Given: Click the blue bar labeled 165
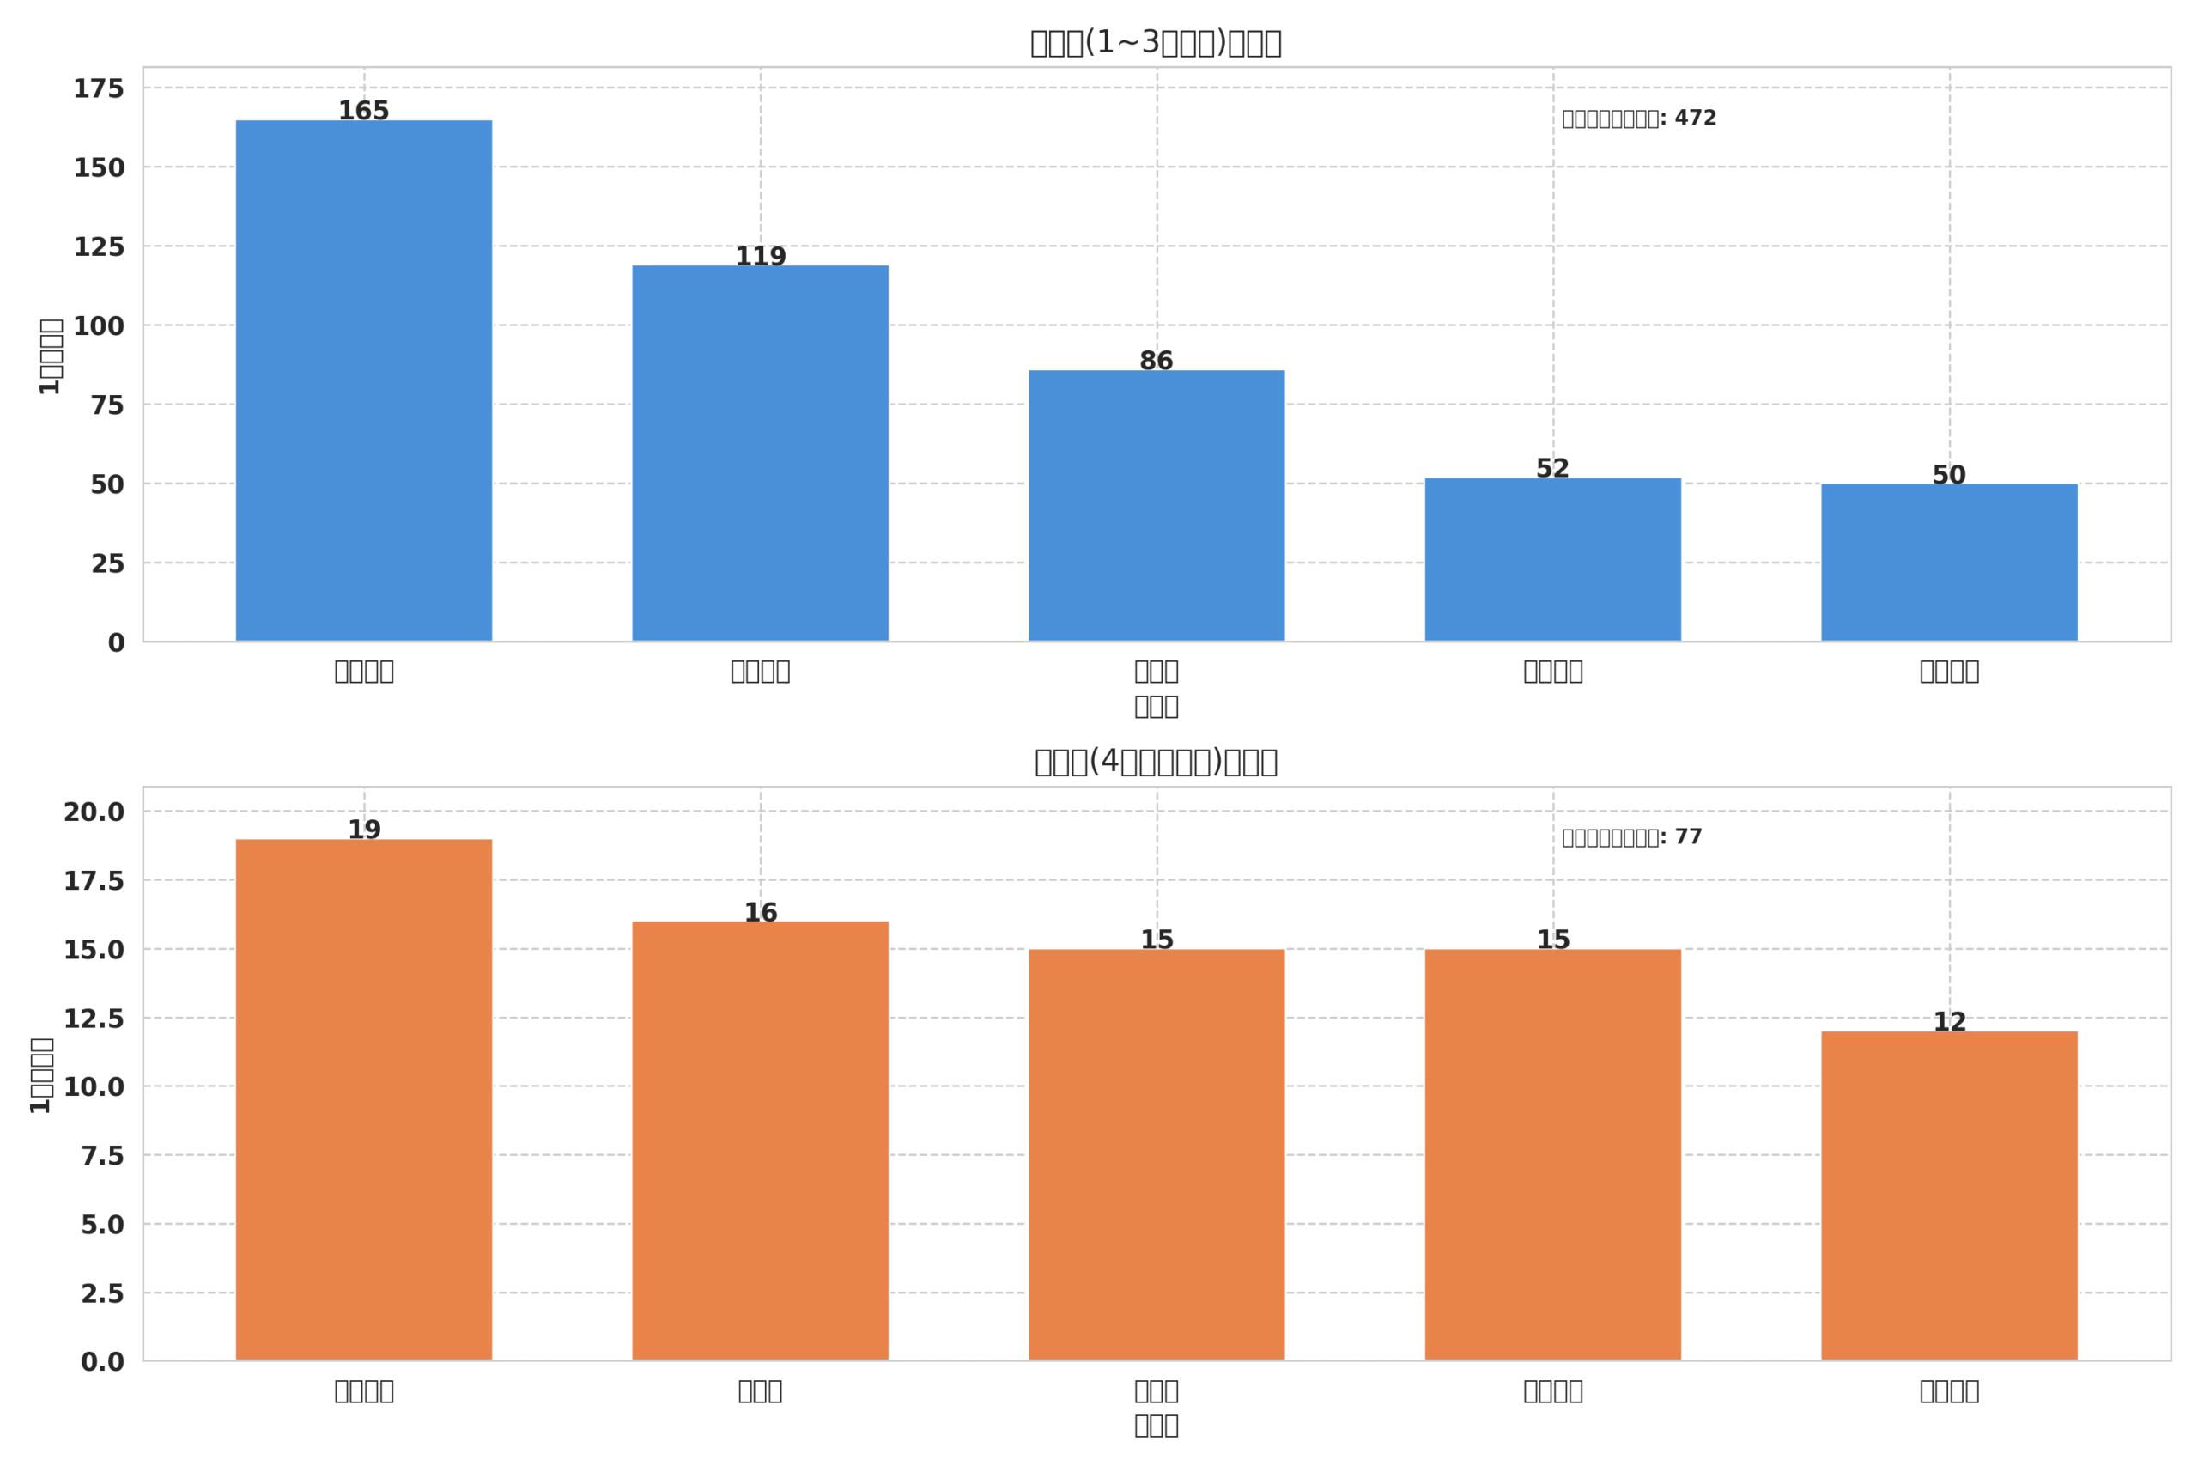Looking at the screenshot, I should [363, 380].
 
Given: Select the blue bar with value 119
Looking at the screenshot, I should [760, 453].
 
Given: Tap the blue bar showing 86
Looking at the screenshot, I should [1156, 506].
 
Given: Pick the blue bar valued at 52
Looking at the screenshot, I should [1552, 559].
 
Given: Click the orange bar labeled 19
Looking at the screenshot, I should [363, 1099].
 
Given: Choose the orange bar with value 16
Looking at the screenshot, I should [760, 1141].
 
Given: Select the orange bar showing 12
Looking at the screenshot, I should [1948, 1195].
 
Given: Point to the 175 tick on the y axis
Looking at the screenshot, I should [99, 88].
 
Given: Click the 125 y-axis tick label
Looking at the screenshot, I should [99, 246].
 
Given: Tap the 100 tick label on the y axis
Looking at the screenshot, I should [99, 326].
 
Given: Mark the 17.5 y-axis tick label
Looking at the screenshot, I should [94, 881].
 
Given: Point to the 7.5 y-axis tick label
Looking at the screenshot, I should [102, 1156].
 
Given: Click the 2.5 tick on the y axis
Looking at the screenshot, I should [102, 1293].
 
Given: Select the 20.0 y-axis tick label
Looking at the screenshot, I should [94, 812].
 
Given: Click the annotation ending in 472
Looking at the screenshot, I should [1638, 119].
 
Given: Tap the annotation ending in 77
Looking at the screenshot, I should [1631, 836].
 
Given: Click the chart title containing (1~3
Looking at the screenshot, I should [1155, 43].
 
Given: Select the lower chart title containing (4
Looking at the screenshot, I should [1155, 762].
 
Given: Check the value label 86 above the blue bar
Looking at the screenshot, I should [1156, 361].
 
